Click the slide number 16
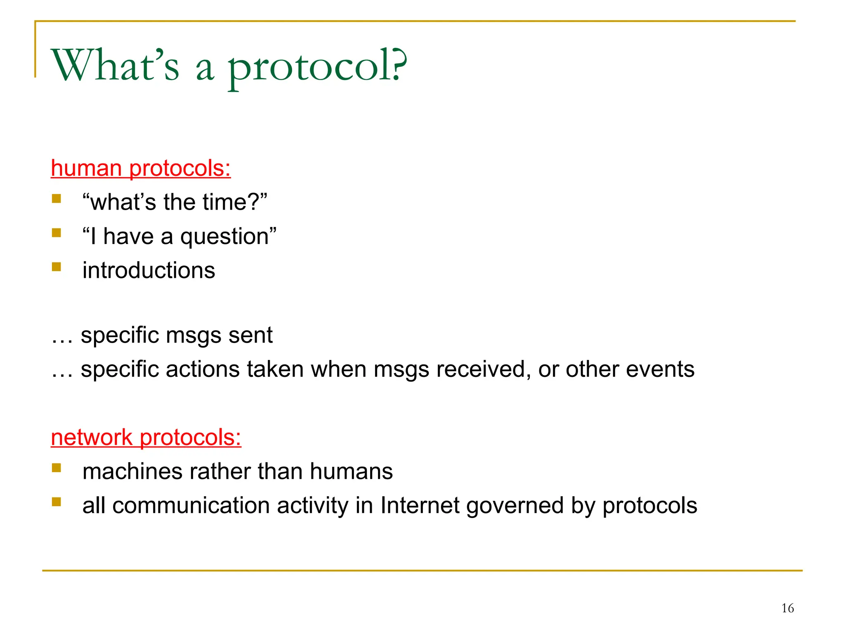click(x=787, y=608)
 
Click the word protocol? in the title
click(x=318, y=66)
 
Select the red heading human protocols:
click(x=141, y=168)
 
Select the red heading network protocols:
click(x=146, y=438)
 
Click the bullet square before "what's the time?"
click(x=57, y=199)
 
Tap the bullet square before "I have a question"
click(x=57, y=233)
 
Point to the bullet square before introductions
click(x=57, y=267)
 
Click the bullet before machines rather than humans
click(x=57, y=468)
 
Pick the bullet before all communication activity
click(x=57, y=502)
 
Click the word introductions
click(x=149, y=270)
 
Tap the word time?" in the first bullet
click(x=243, y=202)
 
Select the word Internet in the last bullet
click(x=420, y=506)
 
